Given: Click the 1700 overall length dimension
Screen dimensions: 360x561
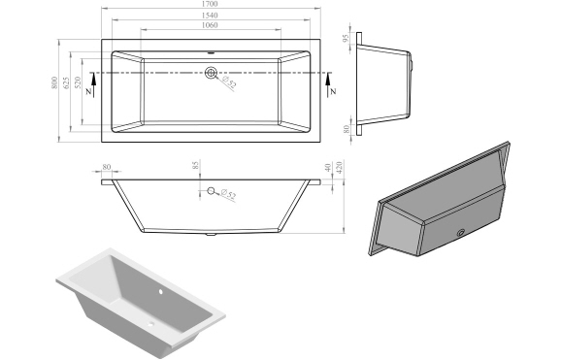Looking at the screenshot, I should tap(212, 6).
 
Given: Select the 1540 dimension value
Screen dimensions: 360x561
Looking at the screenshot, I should tap(212, 16).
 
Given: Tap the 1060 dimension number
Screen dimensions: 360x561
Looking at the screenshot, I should tap(212, 27).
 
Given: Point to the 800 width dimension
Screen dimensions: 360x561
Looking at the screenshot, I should tap(55, 88).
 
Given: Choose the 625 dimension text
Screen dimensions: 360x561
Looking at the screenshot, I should tap(67, 88).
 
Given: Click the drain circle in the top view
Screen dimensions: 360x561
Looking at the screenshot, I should tap(211, 72).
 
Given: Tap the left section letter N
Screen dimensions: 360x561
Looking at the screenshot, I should tap(90, 90).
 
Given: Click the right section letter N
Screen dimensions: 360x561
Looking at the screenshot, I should tap(333, 90).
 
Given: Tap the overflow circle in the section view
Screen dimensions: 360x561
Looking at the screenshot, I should tap(211, 190).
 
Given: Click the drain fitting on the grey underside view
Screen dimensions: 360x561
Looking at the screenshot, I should tap(459, 233).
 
